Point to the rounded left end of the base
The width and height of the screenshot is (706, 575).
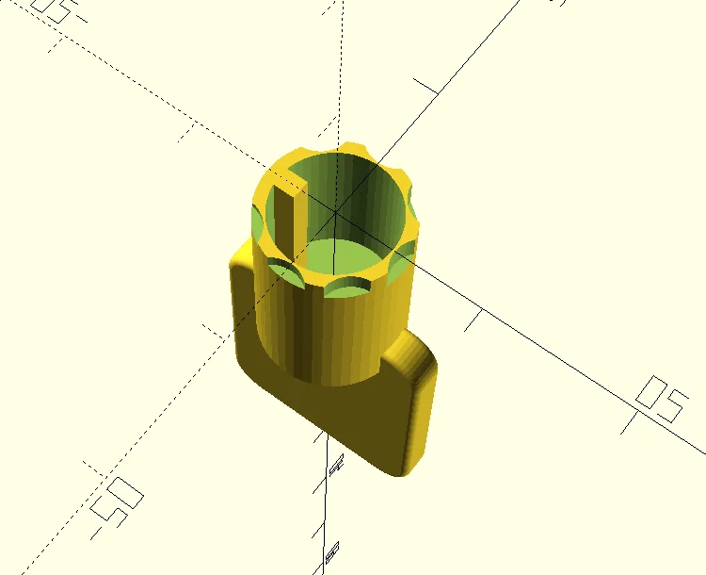click(241, 311)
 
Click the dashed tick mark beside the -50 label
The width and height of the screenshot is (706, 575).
click(90, 468)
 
